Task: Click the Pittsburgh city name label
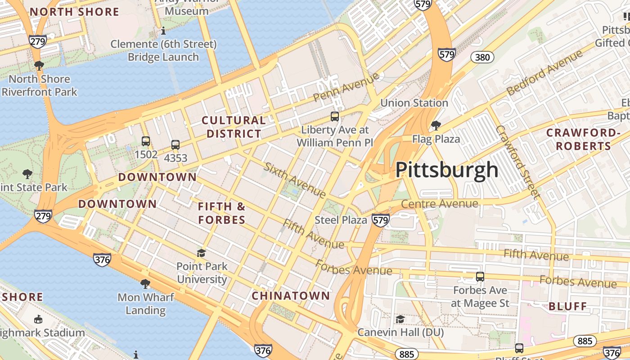click(447, 170)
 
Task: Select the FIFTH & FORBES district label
click(222, 213)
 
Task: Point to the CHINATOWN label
click(291, 296)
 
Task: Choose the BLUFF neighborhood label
click(568, 306)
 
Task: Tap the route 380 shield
click(482, 57)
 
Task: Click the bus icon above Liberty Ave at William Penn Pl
click(335, 117)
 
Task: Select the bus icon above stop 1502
click(146, 141)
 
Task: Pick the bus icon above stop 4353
click(175, 145)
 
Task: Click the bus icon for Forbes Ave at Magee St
click(480, 277)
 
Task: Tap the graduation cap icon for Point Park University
click(201, 253)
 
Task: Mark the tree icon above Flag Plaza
click(436, 125)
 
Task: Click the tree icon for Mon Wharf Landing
click(145, 284)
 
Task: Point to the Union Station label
click(414, 103)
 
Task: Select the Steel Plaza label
click(341, 220)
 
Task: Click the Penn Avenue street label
click(346, 87)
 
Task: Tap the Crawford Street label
click(517, 162)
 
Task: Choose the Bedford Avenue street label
click(544, 73)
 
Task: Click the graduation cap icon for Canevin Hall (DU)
click(400, 319)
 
